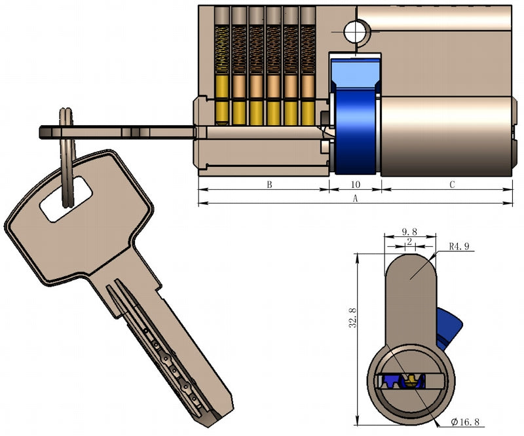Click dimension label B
(x=269, y=185)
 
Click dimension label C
(x=452, y=185)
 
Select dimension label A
(x=356, y=198)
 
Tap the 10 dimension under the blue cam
(x=356, y=185)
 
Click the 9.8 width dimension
(x=409, y=232)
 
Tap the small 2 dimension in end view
(x=409, y=242)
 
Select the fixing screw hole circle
(x=354, y=29)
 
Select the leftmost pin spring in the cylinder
(x=223, y=49)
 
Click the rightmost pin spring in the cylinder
(x=308, y=49)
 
